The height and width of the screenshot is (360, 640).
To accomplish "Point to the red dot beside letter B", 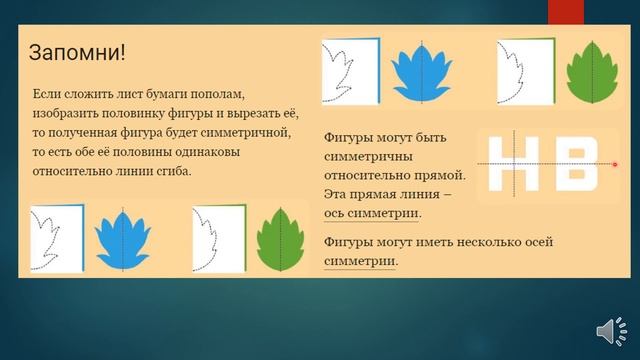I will (x=614, y=164).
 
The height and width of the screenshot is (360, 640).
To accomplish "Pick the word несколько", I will (x=476, y=242).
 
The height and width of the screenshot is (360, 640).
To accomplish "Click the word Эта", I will (x=338, y=194).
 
